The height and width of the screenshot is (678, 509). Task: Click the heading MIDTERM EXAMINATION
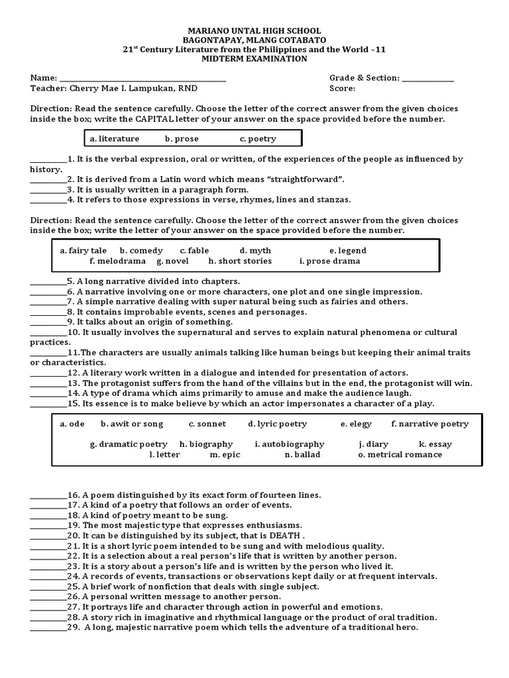click(x=254, y=59)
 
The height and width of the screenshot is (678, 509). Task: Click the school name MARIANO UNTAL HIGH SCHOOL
click(x=254, y=31)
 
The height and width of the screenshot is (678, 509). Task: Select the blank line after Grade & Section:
click(x=428, y=79)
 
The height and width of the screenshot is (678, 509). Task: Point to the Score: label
click(x=342, y=88)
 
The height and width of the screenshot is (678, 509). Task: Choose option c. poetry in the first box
click(x=258, y=139)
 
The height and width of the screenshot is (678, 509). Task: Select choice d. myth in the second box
click(x=255, y=251)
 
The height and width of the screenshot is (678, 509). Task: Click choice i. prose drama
click(x=329, y=261)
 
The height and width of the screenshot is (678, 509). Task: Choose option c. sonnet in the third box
click(x=207, y=424)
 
